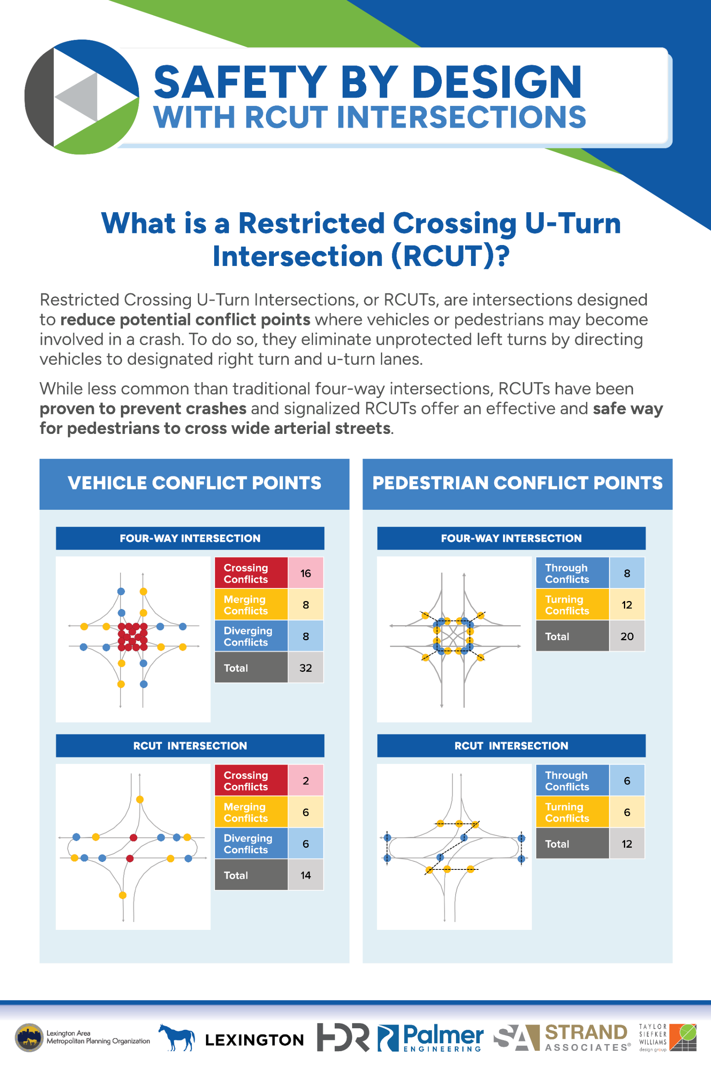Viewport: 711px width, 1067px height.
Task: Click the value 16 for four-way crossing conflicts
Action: tap(305, 573)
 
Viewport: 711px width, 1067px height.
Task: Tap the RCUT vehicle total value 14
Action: tap(305, 875)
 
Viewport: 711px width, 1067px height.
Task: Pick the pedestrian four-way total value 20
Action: tap(627, 636)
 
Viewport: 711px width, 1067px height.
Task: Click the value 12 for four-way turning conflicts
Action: tap(627, 604)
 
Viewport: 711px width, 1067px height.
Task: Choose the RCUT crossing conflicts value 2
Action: tap(305, 780)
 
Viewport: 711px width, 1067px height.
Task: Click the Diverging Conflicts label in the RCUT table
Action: tap(248, 844)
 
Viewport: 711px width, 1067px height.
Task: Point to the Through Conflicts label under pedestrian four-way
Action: tap(567, 573)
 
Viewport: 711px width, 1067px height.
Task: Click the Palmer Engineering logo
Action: tap(431, 1037)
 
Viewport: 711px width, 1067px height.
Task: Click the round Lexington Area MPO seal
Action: tap(29, 1037)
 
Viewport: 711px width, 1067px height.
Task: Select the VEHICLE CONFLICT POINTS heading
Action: tap(195, 483)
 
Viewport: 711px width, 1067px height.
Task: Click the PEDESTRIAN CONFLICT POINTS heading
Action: tap(517, 483)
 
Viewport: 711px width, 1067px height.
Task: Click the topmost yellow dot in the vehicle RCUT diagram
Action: tap(140, 799)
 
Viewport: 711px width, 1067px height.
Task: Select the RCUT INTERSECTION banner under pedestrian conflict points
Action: tap(511, 746)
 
